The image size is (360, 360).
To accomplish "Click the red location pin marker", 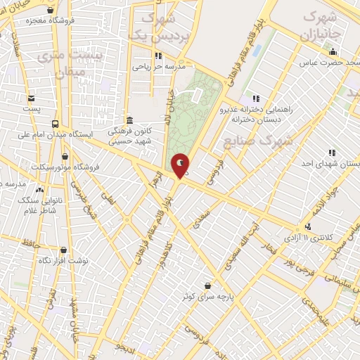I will [180, 166].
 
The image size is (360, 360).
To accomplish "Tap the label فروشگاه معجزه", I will [31, 21].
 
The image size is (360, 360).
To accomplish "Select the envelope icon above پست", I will [31, 98].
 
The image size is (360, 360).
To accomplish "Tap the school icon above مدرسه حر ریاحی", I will [158, 56].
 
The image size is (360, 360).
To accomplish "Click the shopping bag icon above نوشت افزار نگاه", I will [64, 250].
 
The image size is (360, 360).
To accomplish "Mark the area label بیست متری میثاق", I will [79, 62].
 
